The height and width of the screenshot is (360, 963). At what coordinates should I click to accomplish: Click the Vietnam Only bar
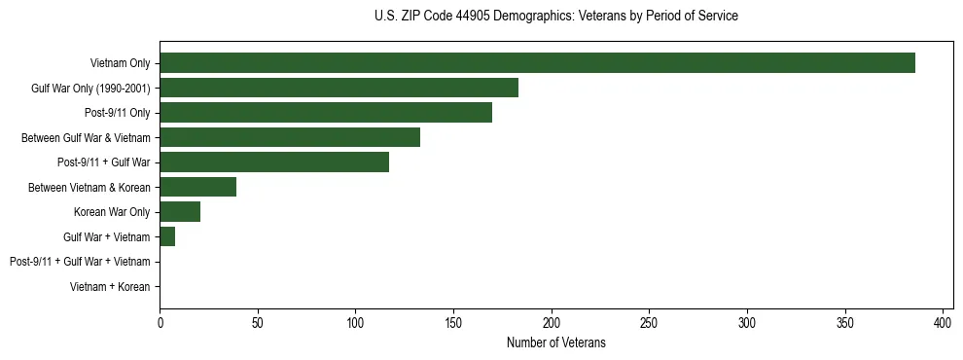(x=537, y=63)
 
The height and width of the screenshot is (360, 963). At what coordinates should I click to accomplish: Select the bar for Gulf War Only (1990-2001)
(x=339, y=88)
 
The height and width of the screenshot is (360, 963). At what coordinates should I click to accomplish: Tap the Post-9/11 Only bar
(x=326, y=113)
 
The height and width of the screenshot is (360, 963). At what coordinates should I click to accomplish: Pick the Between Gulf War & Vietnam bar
(x=290, y=137)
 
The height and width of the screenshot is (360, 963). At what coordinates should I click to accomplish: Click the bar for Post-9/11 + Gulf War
(x=274, y=162)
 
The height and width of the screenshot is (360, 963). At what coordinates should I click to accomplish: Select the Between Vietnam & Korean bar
(x=197, y=187)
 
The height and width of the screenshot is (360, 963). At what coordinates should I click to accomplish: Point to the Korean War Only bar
(x=180, y=212)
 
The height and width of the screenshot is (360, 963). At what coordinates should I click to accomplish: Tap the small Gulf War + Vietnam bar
(x=167, y=236)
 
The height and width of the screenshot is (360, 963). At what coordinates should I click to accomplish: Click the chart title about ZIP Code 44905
(x=555, y=16)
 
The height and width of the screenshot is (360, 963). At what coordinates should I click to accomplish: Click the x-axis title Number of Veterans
(x=555, y=342)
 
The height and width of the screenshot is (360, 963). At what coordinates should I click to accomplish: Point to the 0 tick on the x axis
(x=160, y=323)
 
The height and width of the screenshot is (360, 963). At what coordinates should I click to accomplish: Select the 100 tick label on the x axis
(x=355, y=323)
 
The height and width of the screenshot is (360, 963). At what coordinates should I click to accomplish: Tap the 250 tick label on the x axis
(x=649, y=323)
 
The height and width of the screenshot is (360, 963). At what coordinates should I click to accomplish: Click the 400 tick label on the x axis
(x=943, y=323)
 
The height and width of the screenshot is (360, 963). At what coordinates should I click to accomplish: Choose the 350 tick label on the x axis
(x=844, y=323)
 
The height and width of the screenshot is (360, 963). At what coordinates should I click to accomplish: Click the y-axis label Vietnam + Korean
(x=110, y=287)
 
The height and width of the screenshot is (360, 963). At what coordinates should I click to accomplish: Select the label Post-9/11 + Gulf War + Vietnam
(x=80, y=262)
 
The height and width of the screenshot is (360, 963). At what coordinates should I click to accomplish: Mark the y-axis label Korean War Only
(x=112, y=212)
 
